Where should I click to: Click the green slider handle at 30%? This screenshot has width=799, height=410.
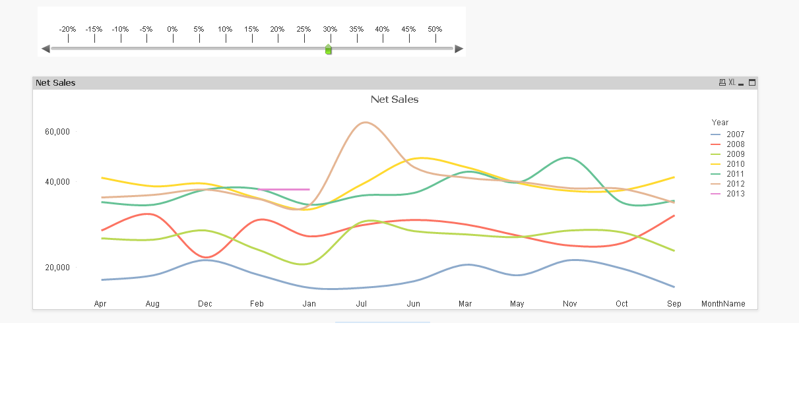coord(329,49)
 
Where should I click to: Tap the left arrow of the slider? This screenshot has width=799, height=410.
coord(46,49)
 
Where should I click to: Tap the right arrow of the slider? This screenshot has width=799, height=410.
coord(459,49)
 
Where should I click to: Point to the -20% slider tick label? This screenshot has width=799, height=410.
coord(67,30)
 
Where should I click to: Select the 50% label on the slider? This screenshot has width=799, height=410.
coord(434,30)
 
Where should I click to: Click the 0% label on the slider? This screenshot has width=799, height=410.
coord(172,30)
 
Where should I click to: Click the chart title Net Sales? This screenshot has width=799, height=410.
coord(395,100)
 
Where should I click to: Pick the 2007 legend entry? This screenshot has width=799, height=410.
coord(735,134)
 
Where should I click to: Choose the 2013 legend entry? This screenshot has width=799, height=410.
coord(735,194)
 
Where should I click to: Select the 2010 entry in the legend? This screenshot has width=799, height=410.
coord(735,164)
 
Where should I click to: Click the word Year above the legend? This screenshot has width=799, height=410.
coord(720,123)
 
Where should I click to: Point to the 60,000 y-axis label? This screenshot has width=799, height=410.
coord(57,132)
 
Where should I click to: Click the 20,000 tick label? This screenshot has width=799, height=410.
coord(57,268)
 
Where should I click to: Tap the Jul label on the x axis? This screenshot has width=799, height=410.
coord(362,304)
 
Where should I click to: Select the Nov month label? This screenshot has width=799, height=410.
coord(570,304)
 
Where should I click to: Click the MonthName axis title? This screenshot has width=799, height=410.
coord(723,304)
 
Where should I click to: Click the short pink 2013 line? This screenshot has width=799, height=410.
coord(284,189)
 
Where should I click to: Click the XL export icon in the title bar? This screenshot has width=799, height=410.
coord(732,82)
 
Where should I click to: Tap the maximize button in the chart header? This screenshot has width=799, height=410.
coord(752,82)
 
